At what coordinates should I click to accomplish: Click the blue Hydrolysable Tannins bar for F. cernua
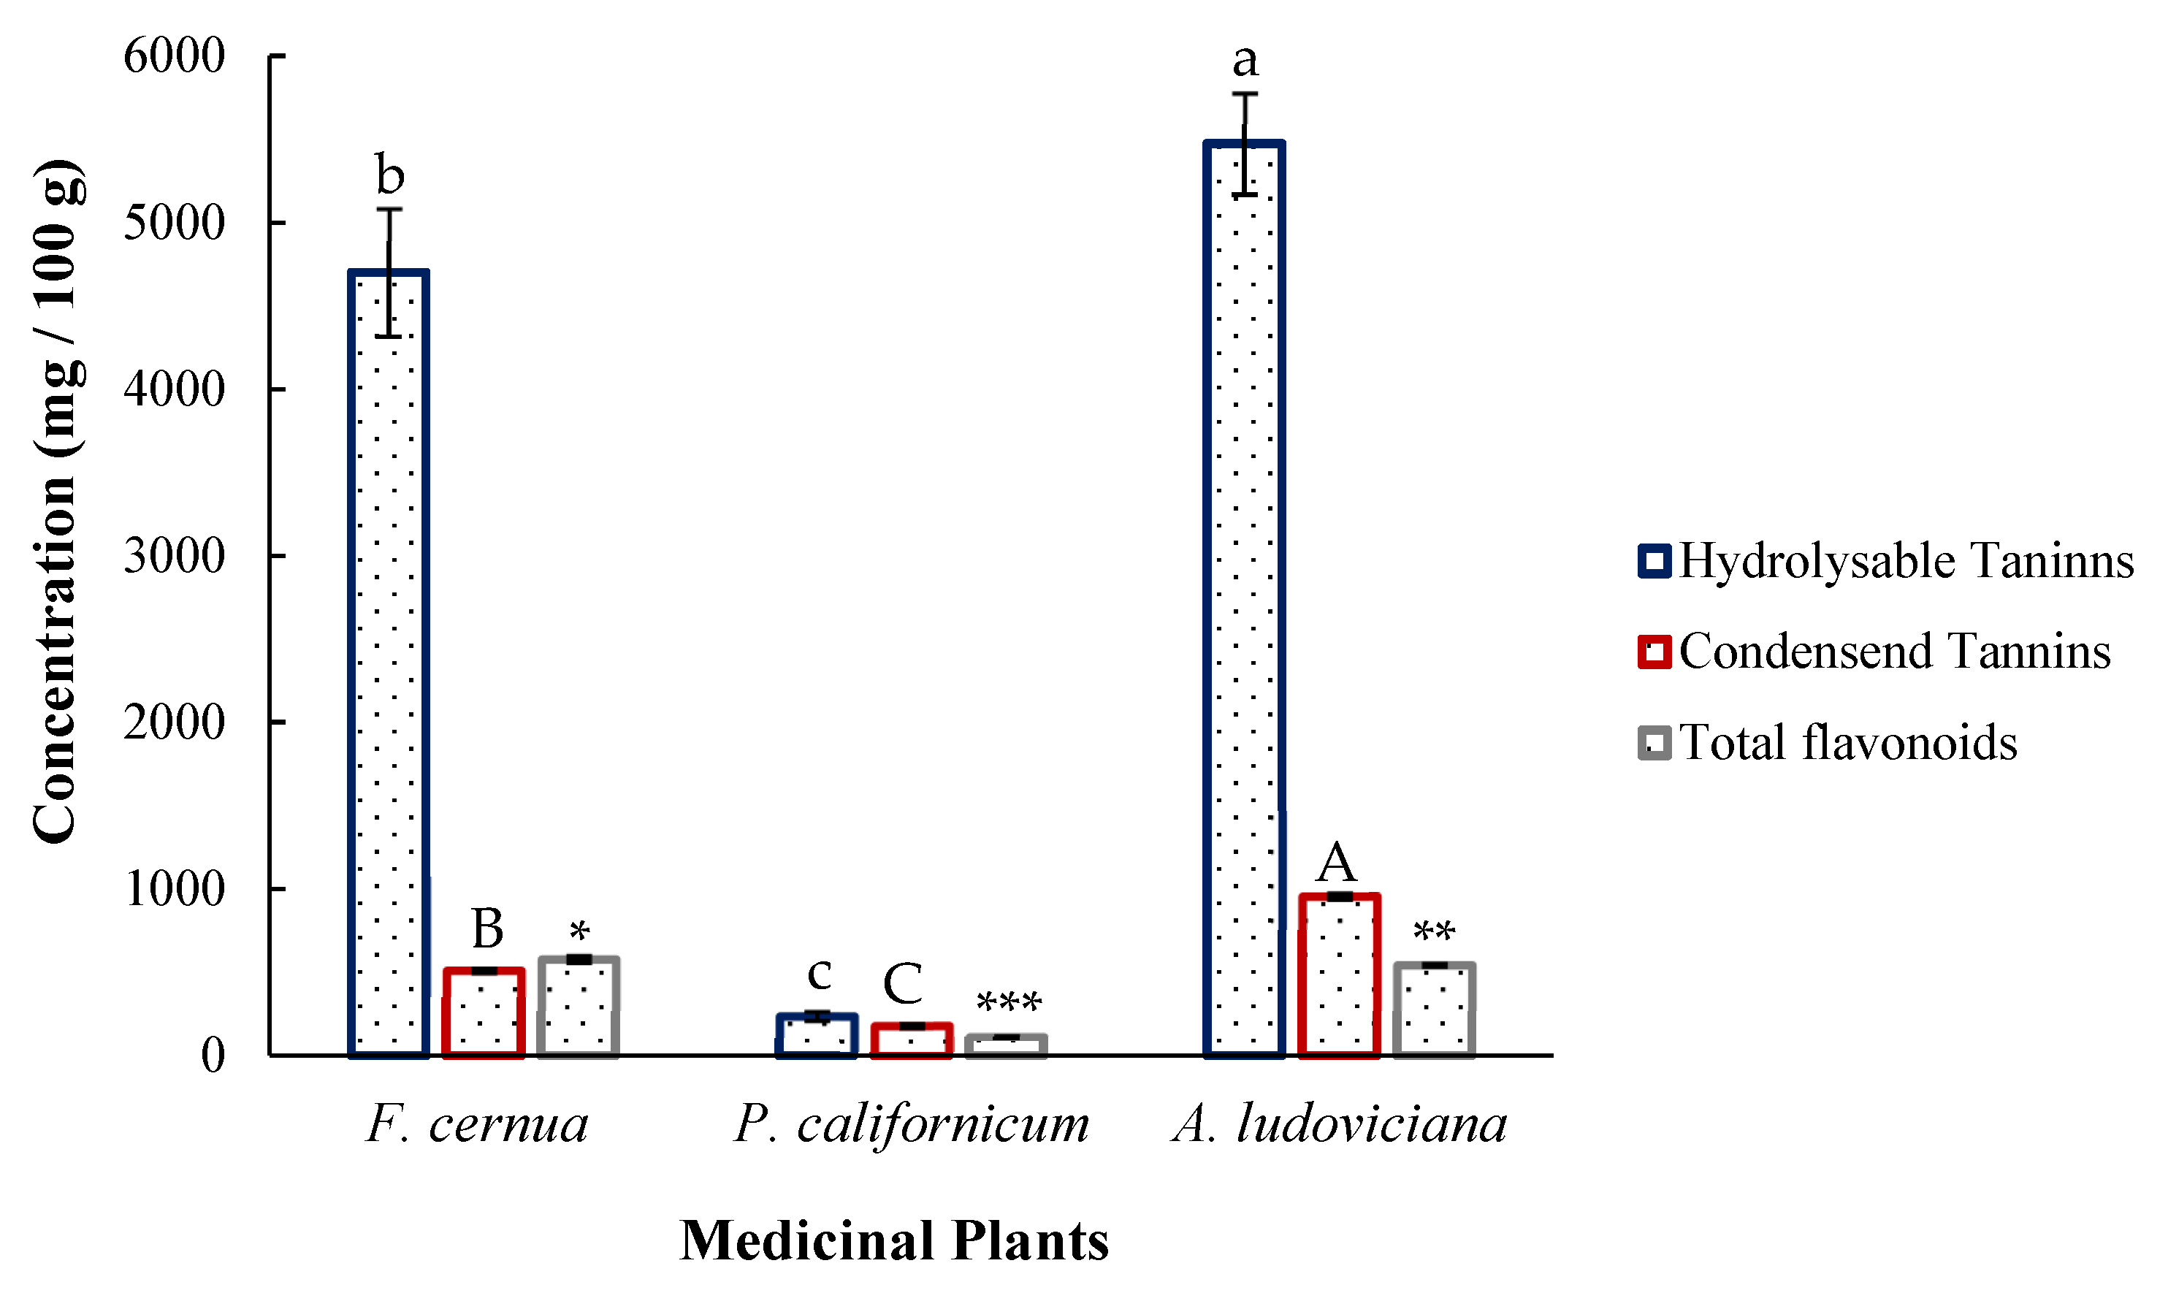(389, 662)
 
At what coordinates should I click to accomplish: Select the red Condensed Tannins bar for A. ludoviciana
(1339, 976)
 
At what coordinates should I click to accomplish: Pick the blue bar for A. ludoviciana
(1244, 601)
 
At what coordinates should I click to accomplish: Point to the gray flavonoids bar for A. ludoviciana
(1434, 1011)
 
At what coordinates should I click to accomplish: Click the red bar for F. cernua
(484, 1012)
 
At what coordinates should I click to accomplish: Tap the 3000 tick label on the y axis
(174, 556)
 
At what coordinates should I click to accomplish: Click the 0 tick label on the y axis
(213, 1055)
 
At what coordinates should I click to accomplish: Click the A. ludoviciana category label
(1340, 1124)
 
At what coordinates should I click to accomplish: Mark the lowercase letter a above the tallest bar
(1245, 60)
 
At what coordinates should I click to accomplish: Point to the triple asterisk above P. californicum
(1009, 1003)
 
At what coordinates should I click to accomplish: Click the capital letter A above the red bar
(1336, 863)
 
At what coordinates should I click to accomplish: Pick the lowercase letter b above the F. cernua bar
(389, 175)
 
